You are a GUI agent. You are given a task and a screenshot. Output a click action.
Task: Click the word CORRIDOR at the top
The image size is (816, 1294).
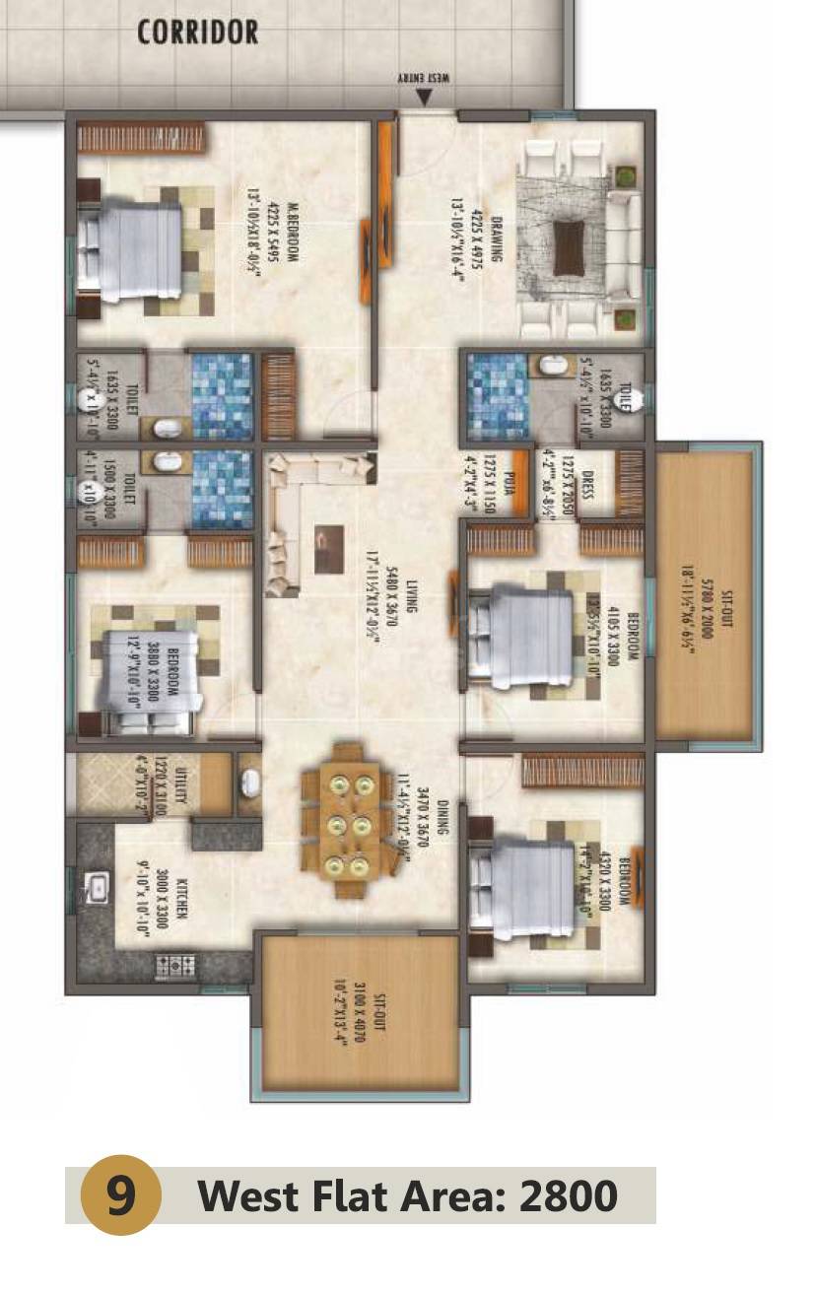pos(197,32)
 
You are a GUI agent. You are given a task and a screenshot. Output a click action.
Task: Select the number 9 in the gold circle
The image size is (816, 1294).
pos(119,1196)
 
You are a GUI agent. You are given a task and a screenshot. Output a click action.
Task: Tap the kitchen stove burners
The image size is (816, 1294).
pos(176,965)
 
